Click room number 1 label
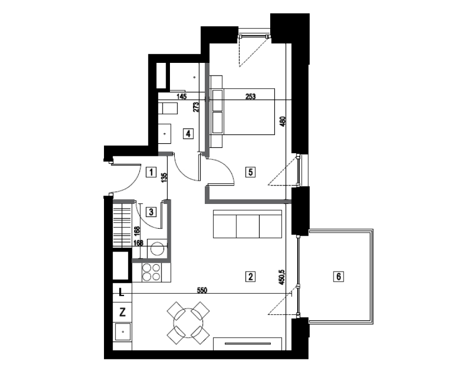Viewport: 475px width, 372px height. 151,172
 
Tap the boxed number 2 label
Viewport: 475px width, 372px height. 250,276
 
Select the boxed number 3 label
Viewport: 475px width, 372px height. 151,212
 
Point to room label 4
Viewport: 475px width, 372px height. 188,133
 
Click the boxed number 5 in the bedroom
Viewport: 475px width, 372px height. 250,172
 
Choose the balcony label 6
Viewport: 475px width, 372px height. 338,276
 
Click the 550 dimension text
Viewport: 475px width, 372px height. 202,291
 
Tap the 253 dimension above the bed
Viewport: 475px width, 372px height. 251,96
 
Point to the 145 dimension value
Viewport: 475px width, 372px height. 181,96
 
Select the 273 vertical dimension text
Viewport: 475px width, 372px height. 196,107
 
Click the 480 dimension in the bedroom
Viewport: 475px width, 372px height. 283,122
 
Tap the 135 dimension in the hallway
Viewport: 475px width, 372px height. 164,178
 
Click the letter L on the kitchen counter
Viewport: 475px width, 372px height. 121,293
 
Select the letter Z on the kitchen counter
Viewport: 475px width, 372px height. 122,312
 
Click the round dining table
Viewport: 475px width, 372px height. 188,323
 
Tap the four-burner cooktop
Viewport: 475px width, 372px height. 151,272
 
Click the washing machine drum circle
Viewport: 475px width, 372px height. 157,249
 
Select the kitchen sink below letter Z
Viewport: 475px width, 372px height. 122,332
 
